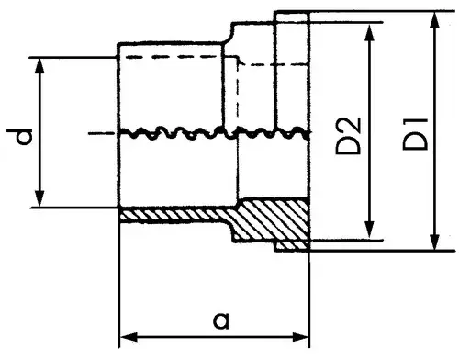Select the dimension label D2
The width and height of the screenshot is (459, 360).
pos(349,135)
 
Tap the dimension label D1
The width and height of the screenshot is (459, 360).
pos(415,134)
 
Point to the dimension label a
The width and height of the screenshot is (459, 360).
pos(221,321)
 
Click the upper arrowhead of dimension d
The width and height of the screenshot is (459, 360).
pos(39,65)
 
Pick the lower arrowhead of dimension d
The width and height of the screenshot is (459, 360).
pos(39,199)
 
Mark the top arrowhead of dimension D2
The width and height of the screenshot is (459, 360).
pos(370,32)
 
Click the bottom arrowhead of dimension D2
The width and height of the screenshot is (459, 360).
pos(370,231)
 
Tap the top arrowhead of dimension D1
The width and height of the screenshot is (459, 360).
pos(434,21)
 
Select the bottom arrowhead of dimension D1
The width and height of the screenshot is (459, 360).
pos(434,242)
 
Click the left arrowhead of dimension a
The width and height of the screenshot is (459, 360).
pos(128,338)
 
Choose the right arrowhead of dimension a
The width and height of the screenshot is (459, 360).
pos(300,337)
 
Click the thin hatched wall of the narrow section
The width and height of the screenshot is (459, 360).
pos(174,215)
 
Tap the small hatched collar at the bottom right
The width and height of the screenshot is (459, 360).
pos(292,246)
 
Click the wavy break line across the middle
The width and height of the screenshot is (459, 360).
pos(214,133)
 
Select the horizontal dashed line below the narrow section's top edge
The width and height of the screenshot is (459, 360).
pos(177,57)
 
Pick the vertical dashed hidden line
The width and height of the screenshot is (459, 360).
pos(238,92)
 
